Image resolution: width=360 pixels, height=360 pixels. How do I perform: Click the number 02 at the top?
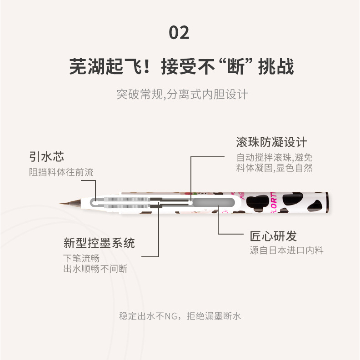click(x=179, y=33)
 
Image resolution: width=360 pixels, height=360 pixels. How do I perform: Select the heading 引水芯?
click(x=47, y=156)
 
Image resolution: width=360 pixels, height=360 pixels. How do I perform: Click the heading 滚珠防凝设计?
click(x=271, y=142)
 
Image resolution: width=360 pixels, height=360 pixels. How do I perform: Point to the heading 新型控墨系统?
click(x=99, y=243)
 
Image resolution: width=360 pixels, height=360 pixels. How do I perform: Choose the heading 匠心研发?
click(x=274, y=236)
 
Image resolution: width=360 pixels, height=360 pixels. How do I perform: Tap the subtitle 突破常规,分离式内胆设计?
click(x=182, y=95)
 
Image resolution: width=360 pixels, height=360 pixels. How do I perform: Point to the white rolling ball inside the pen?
click(x=190, y=203)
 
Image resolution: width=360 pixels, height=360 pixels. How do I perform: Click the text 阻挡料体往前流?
click(x=61, y=172)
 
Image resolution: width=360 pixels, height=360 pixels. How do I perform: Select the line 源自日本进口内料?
click(x=287, y=250)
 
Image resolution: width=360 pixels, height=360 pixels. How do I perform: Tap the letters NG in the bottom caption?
click(x=171, y=316)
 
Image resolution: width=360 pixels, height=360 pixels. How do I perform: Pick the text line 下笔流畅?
click(x=81, y=258)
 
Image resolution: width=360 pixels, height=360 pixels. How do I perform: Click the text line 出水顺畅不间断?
click(x=95, y=269)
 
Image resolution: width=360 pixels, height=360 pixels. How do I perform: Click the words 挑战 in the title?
click(x=276, y=66)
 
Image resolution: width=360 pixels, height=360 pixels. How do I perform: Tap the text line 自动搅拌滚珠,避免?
click(x=275, y=158)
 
